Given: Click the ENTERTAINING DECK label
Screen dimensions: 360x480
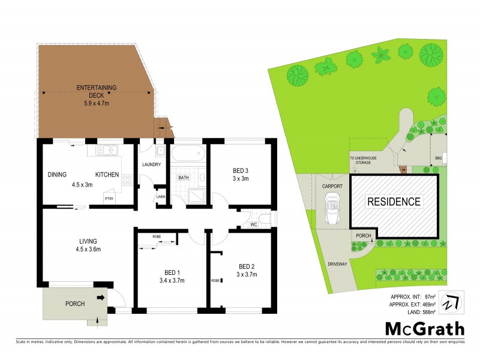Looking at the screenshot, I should tap(96, 88).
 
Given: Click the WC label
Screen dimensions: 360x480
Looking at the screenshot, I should tap(254, 225).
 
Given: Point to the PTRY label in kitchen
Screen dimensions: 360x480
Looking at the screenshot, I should tap(109, 199).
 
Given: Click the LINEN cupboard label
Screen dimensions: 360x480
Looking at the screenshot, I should tap(160, 197).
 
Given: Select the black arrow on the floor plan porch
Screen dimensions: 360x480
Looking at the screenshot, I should tap(100, 297).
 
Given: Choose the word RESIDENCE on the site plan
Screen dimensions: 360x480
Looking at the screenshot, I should tap(394, 202).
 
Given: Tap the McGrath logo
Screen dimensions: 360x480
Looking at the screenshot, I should tap(424, 328).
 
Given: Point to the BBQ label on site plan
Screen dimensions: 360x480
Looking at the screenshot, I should tap(438, 159).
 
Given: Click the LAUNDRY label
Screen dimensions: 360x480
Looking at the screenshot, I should tap(153, 164).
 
